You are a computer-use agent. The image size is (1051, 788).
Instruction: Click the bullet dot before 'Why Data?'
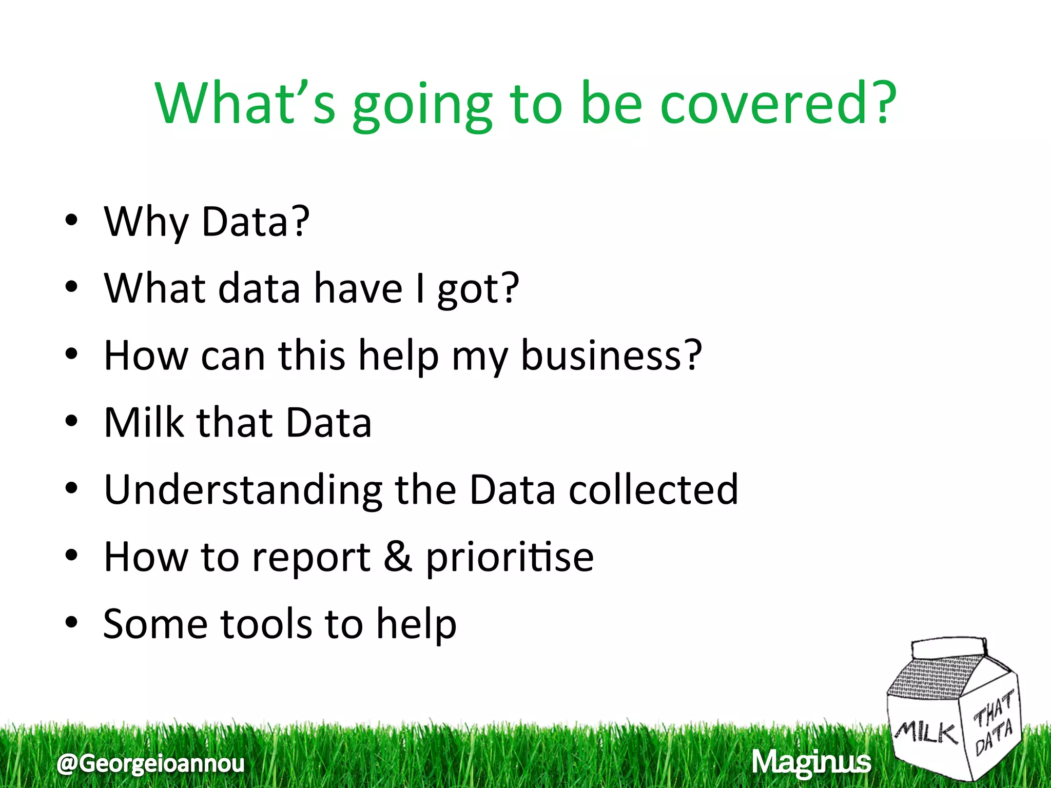(71, 221)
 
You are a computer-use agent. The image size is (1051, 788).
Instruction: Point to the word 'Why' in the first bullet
(146, 222)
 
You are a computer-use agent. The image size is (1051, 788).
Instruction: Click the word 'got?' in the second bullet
(478, 289)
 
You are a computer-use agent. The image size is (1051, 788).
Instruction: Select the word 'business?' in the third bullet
(611, 356)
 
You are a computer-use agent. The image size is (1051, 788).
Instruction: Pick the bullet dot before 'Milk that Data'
(71, 422)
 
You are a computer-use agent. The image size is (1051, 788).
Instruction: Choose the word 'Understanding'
(243, 490)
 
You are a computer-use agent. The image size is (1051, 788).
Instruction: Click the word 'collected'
(653, 490)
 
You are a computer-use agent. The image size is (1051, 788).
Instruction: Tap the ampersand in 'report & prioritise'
(398, 557)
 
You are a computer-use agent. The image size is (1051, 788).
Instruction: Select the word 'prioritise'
(510, 558)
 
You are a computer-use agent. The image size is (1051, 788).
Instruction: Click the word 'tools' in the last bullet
(266, 624)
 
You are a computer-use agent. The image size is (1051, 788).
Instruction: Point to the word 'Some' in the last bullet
(155, 624)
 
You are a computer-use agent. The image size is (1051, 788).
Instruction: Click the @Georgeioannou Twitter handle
(150, 763)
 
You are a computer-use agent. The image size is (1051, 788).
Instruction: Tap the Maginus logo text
(811, 762)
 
